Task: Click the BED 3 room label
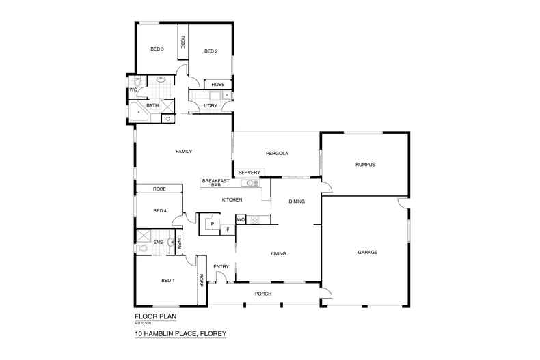tap(157, 49)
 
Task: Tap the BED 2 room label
tap(211, 51)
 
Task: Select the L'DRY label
tap(210, 105)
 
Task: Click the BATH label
tap(152, 105)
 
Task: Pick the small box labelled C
tap(167, 119)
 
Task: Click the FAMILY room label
tap(183, 151)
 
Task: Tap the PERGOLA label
tap(277, 153)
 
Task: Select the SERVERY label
tap(249, 172)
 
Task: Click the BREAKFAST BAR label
tap(215, 182)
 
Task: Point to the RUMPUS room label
tap(365, 164)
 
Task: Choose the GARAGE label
tap(367, 252)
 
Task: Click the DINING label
tap(296, 202)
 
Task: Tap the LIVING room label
tap(278, 253)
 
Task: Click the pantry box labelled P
tap(213, 223)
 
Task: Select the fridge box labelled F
tap(228, 230)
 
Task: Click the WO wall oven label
tap(241, 219)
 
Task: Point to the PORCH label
tap(263, 294)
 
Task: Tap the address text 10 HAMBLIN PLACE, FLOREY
tap(180, 334)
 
